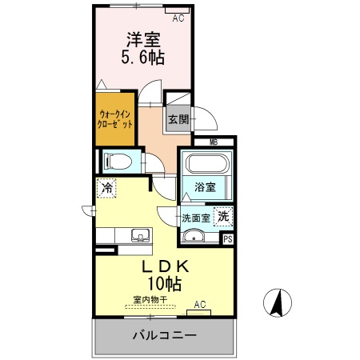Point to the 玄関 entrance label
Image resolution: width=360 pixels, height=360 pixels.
pos(178,120)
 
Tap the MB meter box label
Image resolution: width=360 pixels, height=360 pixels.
pos(214,142)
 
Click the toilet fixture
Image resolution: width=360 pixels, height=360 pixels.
pos(117,161)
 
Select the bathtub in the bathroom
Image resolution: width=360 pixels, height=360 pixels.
pos(206,166)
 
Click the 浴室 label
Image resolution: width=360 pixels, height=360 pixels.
pos(206,187)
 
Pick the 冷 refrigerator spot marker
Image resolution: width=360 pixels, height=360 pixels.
pos(106,188)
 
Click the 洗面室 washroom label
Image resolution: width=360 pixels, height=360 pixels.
pos(195,217)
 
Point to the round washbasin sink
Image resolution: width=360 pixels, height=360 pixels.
pos(193,235)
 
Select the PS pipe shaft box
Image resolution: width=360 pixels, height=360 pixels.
pos(228,238)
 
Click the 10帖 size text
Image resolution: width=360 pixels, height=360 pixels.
pos(163,283)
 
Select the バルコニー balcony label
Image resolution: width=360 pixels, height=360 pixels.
pos(165,335)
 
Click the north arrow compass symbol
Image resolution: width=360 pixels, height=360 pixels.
pos(278,303)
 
